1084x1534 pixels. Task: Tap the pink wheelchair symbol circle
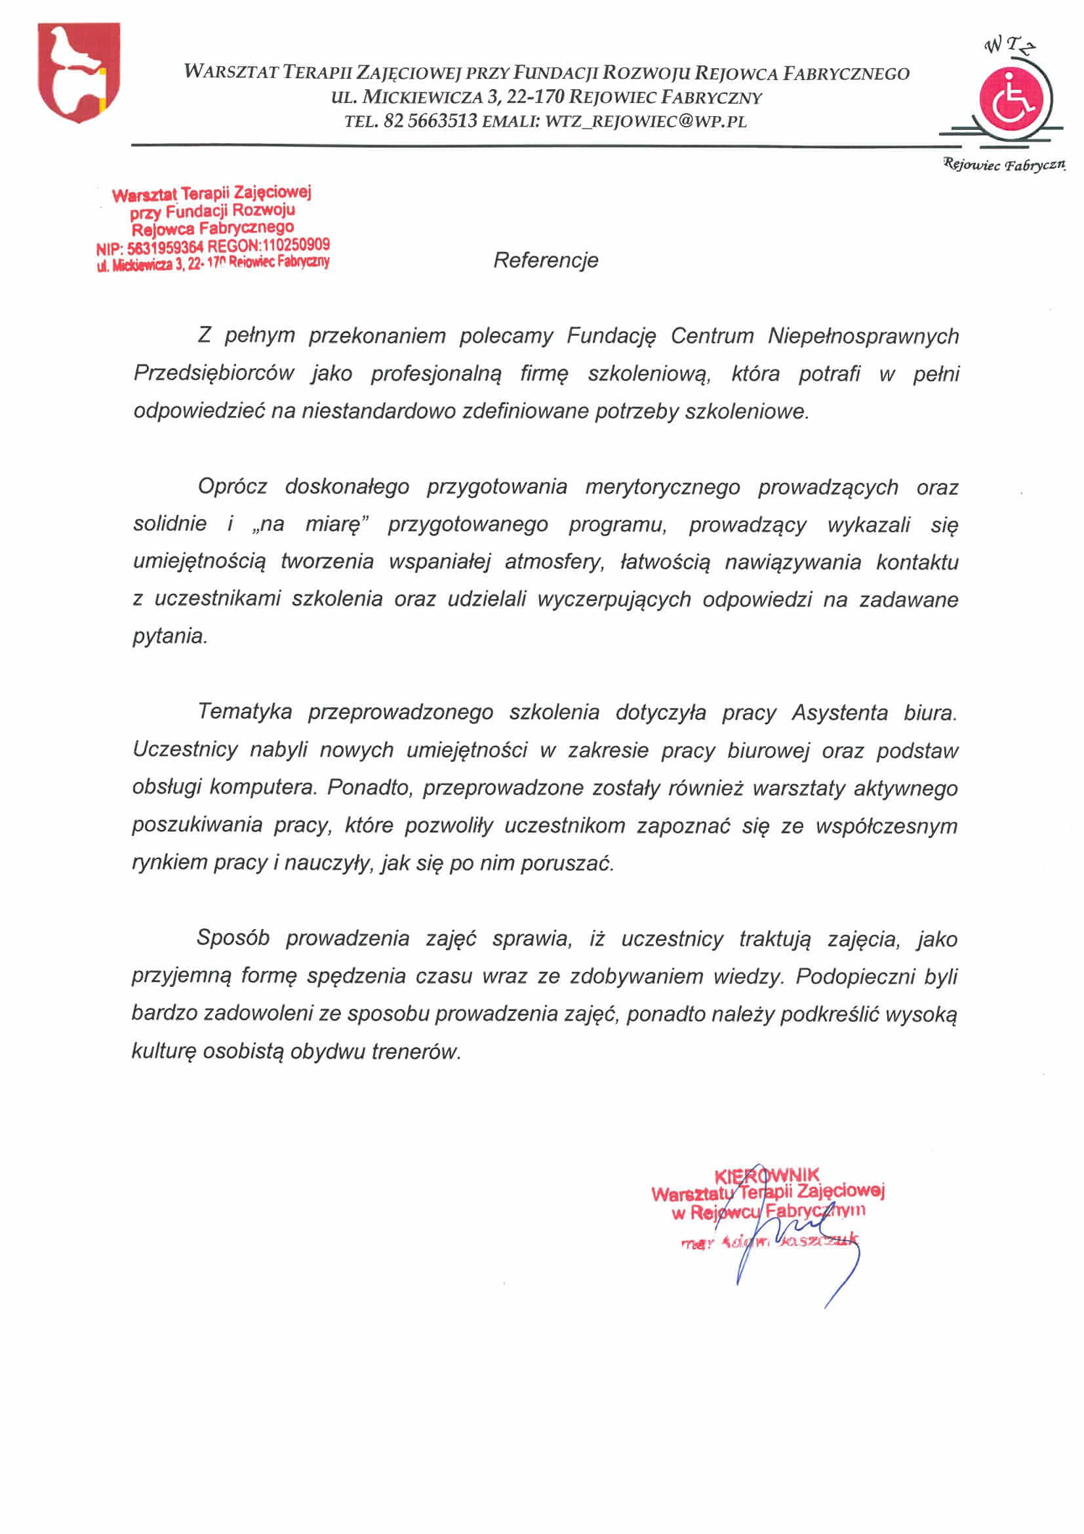tap(1011, 100)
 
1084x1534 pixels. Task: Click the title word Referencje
tap(545, 260)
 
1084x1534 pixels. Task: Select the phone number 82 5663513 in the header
tap(431, 121)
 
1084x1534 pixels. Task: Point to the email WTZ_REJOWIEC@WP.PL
tap(645, 121)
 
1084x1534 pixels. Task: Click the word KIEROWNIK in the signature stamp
tap(766, 1176)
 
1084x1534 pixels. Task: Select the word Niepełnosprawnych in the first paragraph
tap(863, 335)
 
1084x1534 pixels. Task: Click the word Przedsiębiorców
tap(214, 373)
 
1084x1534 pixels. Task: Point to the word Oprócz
tap(232, 486)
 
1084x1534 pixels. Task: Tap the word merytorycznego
tap(662, 487)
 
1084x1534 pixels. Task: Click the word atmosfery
tap(553, 562)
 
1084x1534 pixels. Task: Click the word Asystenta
tap(839, 713)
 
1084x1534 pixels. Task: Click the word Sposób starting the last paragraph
tap(232, 938)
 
